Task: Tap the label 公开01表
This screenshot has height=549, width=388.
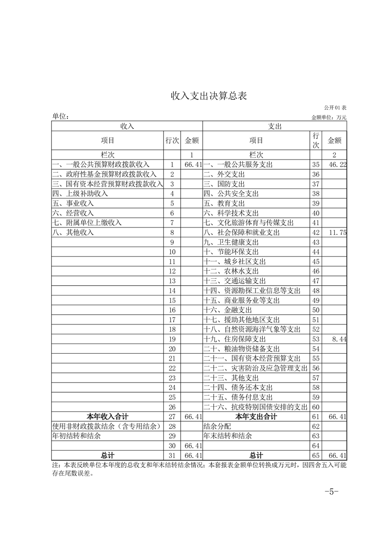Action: coord(335,107)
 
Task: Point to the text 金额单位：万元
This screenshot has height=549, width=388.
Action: coord(329,117)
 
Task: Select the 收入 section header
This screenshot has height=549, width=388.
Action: coord(127,126)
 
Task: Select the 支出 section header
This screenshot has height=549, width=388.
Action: coord(274,126)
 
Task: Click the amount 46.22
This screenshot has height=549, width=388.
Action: coord(337,165)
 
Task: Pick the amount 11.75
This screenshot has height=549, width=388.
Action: coord(337,232)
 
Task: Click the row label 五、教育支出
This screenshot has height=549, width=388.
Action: coord(225,204)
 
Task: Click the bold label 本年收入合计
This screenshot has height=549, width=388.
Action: coord(107,416)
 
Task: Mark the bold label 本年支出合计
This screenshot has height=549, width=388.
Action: coord(256,416)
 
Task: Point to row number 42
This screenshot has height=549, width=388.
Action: coord(316,232)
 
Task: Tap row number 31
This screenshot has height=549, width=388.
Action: coord(172,455)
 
